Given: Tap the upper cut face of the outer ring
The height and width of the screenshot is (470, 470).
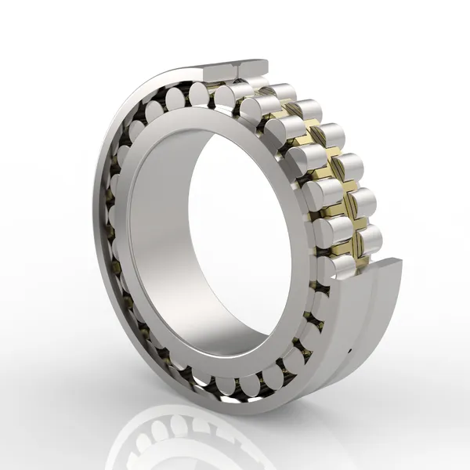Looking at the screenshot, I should (x=239, y=69).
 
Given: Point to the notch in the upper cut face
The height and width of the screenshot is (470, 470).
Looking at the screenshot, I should (x=235, y=70).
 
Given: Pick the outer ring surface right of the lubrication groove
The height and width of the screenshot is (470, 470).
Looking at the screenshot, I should (x=384, y=313).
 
